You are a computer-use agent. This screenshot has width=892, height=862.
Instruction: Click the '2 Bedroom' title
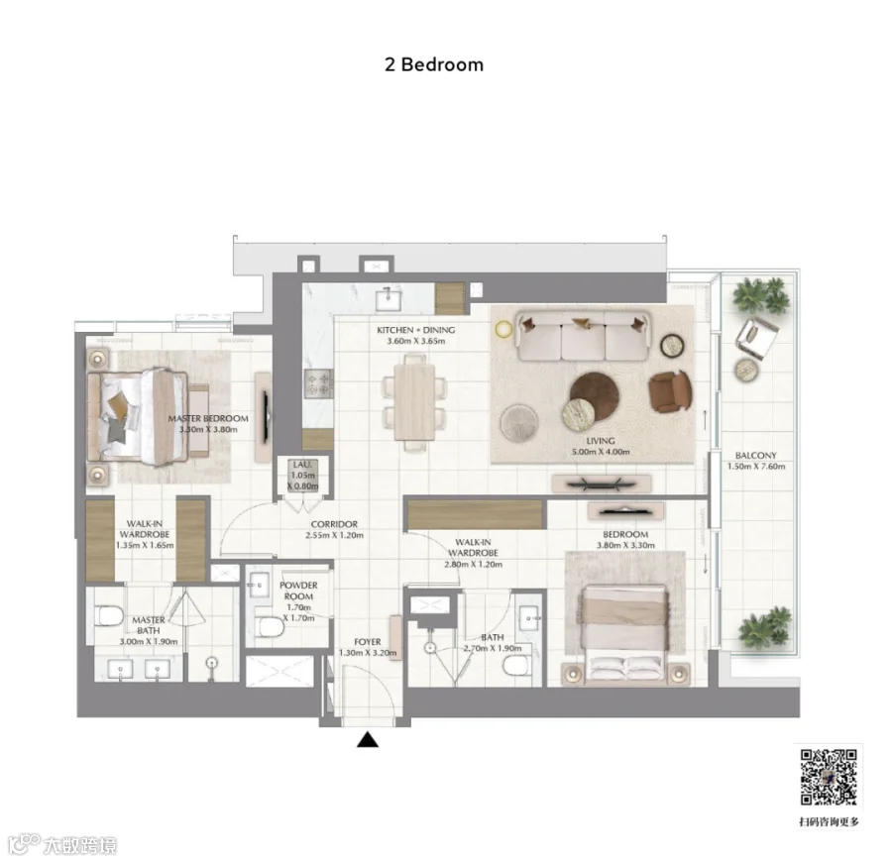point(434,64)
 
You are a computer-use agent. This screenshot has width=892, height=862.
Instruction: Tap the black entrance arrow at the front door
point(368,739)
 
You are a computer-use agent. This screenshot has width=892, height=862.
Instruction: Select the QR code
point(829,777)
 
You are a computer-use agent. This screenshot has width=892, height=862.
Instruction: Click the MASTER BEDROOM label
point(208,418)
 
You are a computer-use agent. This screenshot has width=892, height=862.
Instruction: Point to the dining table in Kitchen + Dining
point(414,402)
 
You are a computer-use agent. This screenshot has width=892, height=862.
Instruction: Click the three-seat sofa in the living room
point(583,336)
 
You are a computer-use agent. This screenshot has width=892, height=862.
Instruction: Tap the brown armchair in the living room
point(671,390)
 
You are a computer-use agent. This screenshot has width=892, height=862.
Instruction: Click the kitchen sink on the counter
point(389,298)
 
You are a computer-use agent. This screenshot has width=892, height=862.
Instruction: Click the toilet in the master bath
point(109,615)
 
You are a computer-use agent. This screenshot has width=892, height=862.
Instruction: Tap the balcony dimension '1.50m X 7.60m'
point(756,467)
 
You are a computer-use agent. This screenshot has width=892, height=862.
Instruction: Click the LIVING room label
point(601,441)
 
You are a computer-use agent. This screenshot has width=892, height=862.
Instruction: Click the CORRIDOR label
point(335,524)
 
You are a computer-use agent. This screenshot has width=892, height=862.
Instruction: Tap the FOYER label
point(368,641)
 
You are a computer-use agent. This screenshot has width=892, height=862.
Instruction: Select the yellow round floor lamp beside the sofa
point(503,329)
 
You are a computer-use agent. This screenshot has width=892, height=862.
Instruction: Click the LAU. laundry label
point(302,465)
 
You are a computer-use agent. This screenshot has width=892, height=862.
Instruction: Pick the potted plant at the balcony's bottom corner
point(765,629)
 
